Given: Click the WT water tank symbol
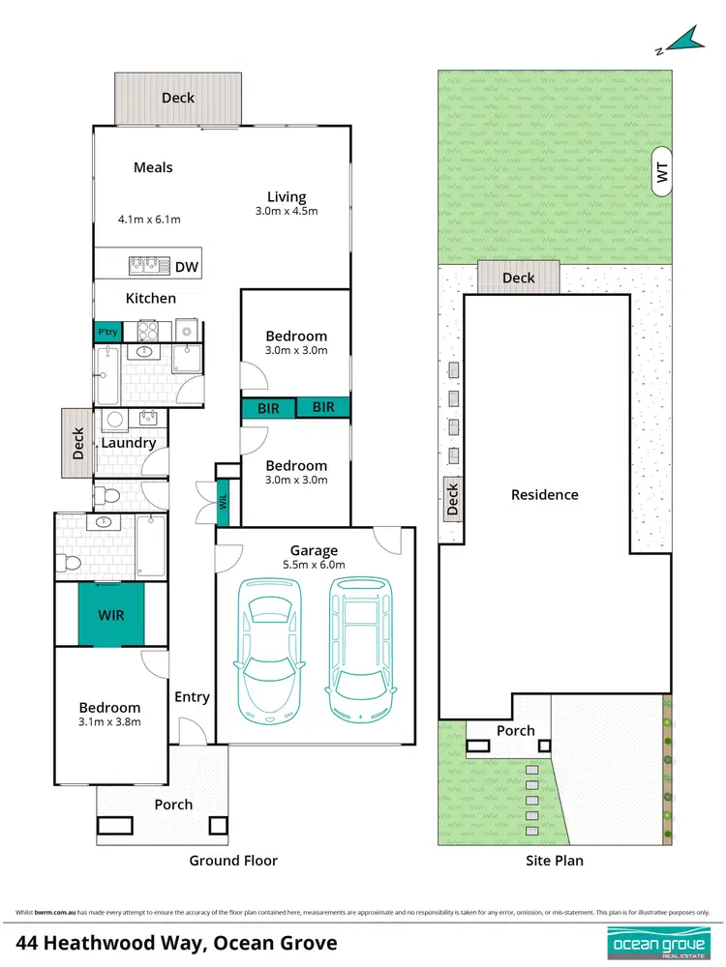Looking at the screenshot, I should point(662,172).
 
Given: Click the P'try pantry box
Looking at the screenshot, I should point(106,331).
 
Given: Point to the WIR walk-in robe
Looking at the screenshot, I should point(111,614).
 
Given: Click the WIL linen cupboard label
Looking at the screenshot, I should point(222,500).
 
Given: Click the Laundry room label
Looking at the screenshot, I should point(128,443).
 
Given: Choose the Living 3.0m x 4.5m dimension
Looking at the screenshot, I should point(287,211).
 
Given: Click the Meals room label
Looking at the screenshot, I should point(153,167).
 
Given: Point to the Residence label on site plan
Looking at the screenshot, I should point(545,494).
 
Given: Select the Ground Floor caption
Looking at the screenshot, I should point(233,860).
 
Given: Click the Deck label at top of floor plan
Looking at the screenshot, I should point(177,98).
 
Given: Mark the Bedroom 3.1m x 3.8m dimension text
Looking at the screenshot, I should point(109,721).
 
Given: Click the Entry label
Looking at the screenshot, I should point(192,696).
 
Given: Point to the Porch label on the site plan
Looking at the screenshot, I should point(515,730).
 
